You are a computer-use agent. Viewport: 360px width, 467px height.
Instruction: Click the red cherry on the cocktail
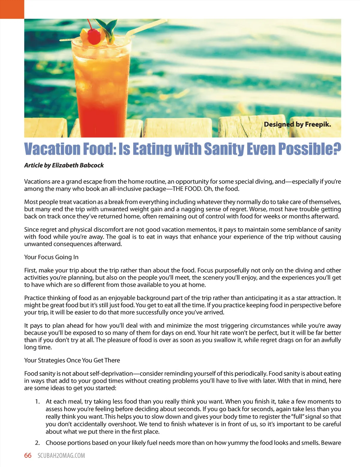click(94, 36)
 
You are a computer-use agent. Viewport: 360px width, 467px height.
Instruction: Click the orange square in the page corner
click(12, 9)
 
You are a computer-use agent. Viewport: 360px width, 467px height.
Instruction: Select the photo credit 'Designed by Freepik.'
click(297, 124)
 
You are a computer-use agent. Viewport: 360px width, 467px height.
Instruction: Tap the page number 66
click(28, 455)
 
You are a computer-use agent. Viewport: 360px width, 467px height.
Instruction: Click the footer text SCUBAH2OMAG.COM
click(61, 456)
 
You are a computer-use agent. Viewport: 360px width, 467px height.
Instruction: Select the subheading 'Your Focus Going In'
click(51, 257)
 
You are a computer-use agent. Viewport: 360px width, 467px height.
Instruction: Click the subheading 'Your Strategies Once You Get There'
click(72, 360)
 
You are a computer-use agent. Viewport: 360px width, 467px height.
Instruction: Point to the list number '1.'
click(37, 402)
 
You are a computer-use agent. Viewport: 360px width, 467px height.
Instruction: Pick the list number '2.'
click(37, 443)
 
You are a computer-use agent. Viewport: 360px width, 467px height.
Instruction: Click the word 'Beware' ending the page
click(331, 443)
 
